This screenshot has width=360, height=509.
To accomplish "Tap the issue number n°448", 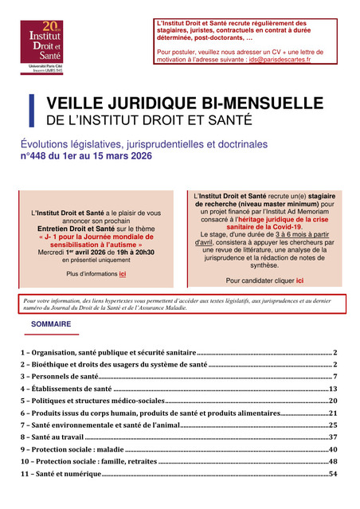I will point(38,157).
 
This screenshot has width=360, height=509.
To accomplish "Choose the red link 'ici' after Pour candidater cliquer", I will point(299,280).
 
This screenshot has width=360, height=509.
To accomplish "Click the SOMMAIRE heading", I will point(51,324).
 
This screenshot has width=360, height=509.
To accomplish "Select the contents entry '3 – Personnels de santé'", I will point(60,376).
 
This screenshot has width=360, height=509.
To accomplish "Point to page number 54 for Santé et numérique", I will point(334,474).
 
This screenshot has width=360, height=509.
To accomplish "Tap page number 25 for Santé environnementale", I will point(334,425).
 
